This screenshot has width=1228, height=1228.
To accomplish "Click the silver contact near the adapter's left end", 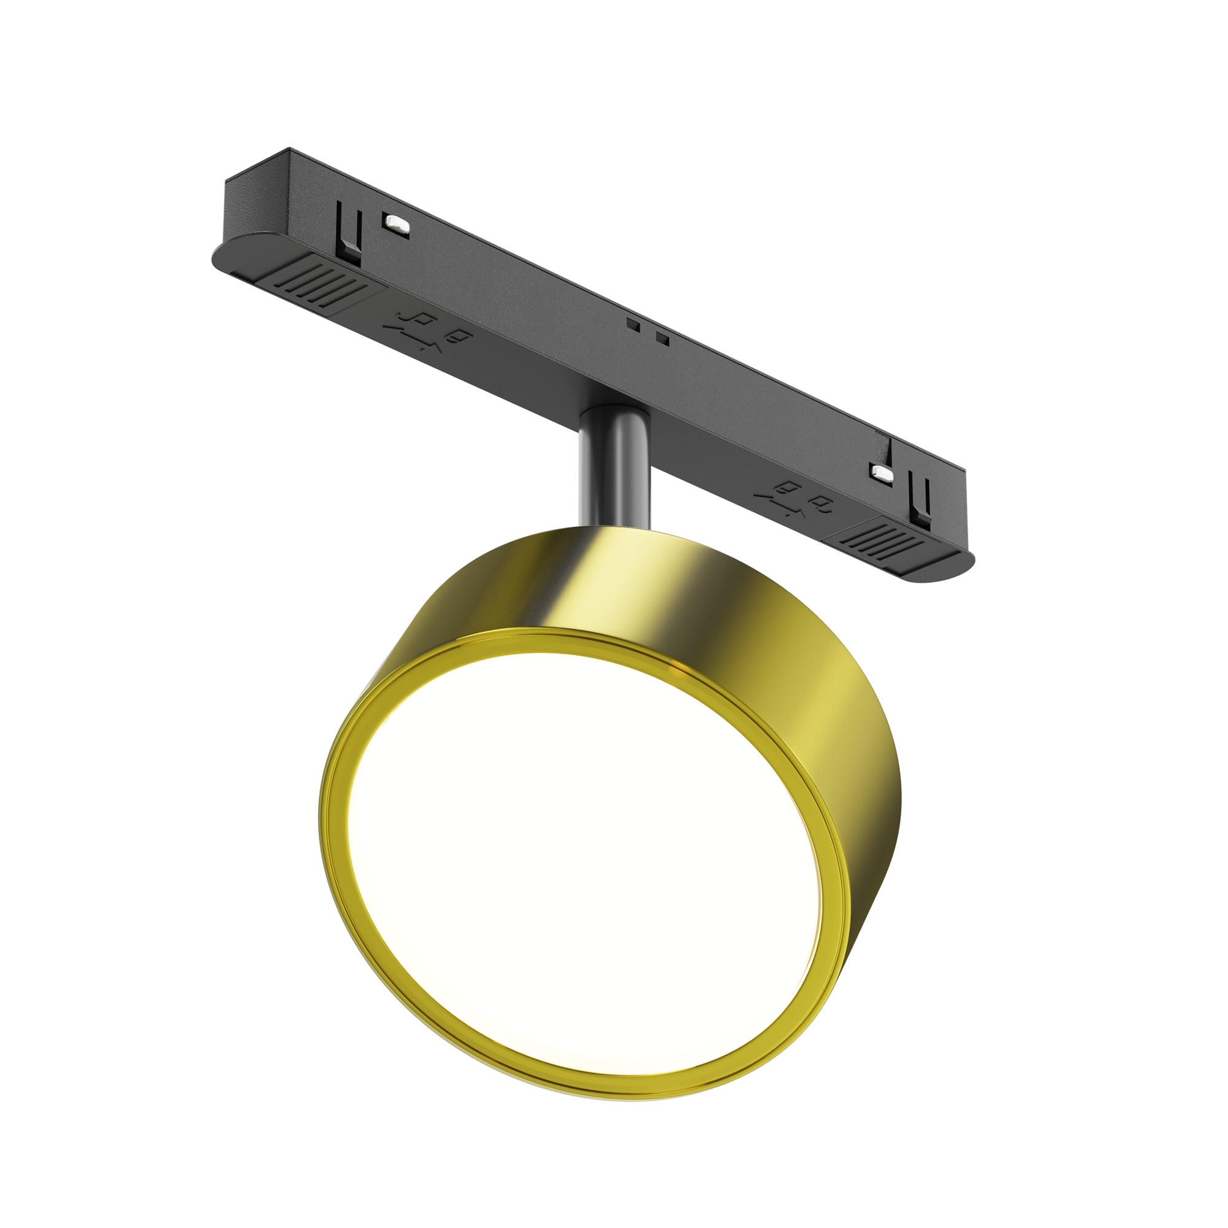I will click(x=395, y=223).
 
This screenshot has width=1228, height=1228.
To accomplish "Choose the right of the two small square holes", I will click(x=663, y=338).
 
